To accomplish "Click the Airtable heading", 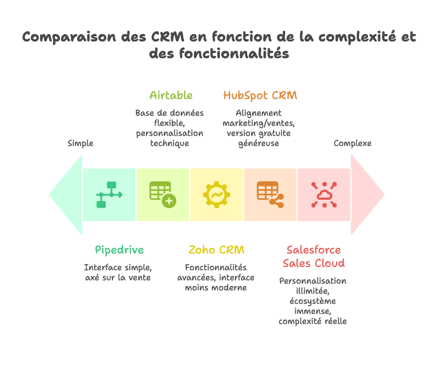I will click(x=171, y=95).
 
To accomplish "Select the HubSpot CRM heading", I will click(x=260, y=95).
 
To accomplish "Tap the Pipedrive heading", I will click(x=119, y=250).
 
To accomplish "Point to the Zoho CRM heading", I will click(x=216, y=250).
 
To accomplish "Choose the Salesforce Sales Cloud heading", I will click(x=313, y=256).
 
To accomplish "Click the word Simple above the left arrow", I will click(x=81, y=143).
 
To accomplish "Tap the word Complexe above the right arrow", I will click(x=352, y=143).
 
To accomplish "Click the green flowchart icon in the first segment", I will click(x=109, y=195).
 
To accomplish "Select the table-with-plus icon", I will click(x=163, y=195).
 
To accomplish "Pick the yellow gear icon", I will click(x=216, y=194).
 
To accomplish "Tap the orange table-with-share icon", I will click(x=270, y=195).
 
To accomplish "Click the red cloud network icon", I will click(x=324, y=194).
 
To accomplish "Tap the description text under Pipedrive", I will click(x=117, y=273).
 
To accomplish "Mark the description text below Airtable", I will click(x=169, y=128).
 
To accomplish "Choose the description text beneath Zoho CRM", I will click(x=216, y=278).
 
